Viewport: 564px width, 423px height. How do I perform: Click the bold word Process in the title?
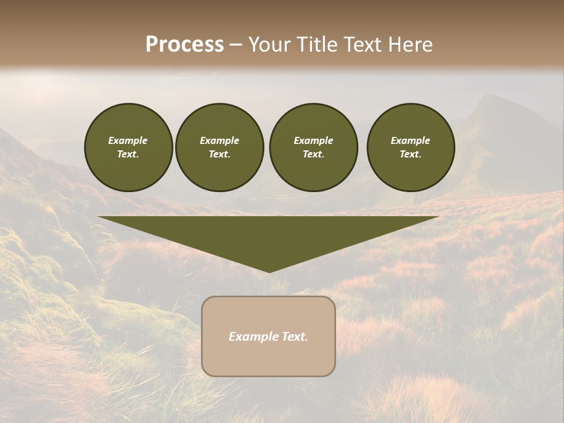(184, 45)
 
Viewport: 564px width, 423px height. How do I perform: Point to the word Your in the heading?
(268, 45)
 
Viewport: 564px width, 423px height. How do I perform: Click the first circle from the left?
(128, 147)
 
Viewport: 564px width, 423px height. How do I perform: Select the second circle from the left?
(220, 147)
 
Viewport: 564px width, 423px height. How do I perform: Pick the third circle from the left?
(313, 147)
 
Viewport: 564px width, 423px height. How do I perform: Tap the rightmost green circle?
(411, 147)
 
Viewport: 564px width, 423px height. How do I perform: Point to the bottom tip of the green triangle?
(269, 271)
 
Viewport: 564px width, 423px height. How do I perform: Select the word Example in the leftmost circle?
(128, 140)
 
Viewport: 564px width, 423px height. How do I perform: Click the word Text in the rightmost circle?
(411, 155)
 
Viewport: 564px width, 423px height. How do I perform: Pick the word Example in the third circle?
(313, 140)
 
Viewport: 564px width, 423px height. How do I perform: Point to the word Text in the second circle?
(220, 155)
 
